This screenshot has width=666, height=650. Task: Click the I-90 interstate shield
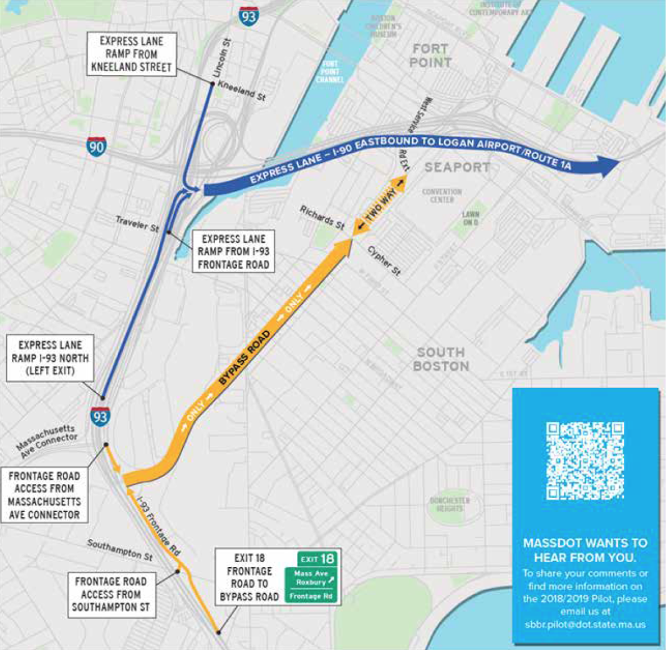(x=96, y=146)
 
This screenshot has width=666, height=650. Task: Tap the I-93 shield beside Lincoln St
(x=248, y=15)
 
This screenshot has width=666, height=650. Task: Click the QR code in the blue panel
(x=585, y=461)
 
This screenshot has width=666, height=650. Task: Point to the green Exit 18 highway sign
(x=311, y=578)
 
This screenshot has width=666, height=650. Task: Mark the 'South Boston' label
(x=440, y=359)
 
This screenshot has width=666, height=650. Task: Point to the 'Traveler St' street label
(x=137, y=225)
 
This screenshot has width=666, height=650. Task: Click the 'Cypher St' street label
(x=384, y=261)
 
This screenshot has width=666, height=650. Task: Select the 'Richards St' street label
(x=322, y=215)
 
